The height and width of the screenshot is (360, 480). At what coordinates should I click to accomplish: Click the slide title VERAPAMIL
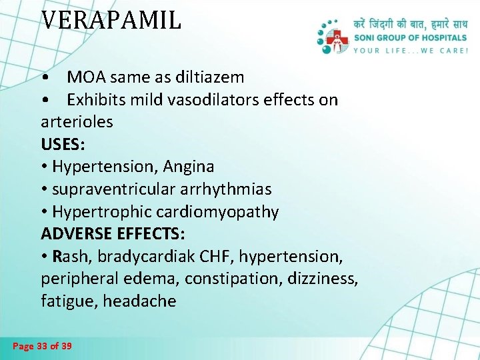(x=111, y=20)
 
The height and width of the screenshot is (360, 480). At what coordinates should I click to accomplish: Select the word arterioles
(x=77, y=122)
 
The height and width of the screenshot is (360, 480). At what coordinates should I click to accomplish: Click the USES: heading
(x=63, y=144)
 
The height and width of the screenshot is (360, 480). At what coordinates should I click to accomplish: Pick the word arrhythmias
(x=229, y=189)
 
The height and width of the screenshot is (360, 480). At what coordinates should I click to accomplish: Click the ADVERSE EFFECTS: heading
(x=113, y=234)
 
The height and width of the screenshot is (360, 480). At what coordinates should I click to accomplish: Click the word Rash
(x=71, y=257)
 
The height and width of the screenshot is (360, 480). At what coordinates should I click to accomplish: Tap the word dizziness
(x=323, y=279)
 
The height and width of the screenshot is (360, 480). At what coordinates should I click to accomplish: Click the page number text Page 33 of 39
(x=43, y=346)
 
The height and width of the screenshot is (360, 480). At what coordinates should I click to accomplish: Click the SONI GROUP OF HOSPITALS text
(x=411, y=39)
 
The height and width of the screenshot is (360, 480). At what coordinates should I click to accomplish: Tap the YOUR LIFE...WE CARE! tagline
(x=411, y=50)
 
